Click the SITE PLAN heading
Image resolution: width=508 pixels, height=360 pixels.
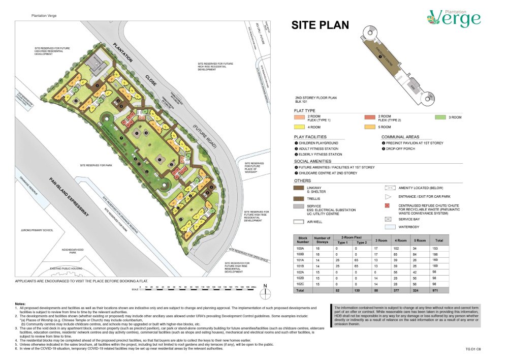(x=320, y=25)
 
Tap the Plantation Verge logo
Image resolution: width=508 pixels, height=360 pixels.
(x=454, y=17)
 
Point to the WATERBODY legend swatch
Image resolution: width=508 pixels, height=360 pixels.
(x=389, y=227)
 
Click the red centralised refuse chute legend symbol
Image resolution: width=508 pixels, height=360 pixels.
(x=389, y=205)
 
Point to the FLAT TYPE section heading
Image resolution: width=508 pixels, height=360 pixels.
(x=304, y=110)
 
